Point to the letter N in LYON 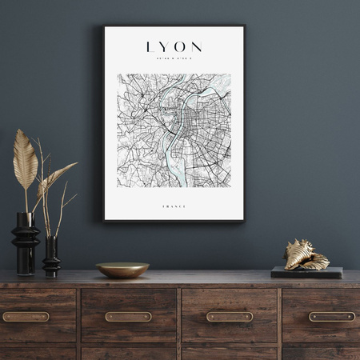(x=197, y=47)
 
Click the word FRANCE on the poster (x=174, y=206)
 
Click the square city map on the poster (x=174, y=130)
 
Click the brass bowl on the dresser (x=122, y=270)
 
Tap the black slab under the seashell (x=306, y=272)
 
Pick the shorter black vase (x=51, y=258)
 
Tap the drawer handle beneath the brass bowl (x=128, y=317)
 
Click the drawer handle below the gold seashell (x=331, y=317)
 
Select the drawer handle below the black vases (x=26, y=317)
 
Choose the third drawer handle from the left (x=230, y=317)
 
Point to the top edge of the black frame (x=174, y=26)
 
